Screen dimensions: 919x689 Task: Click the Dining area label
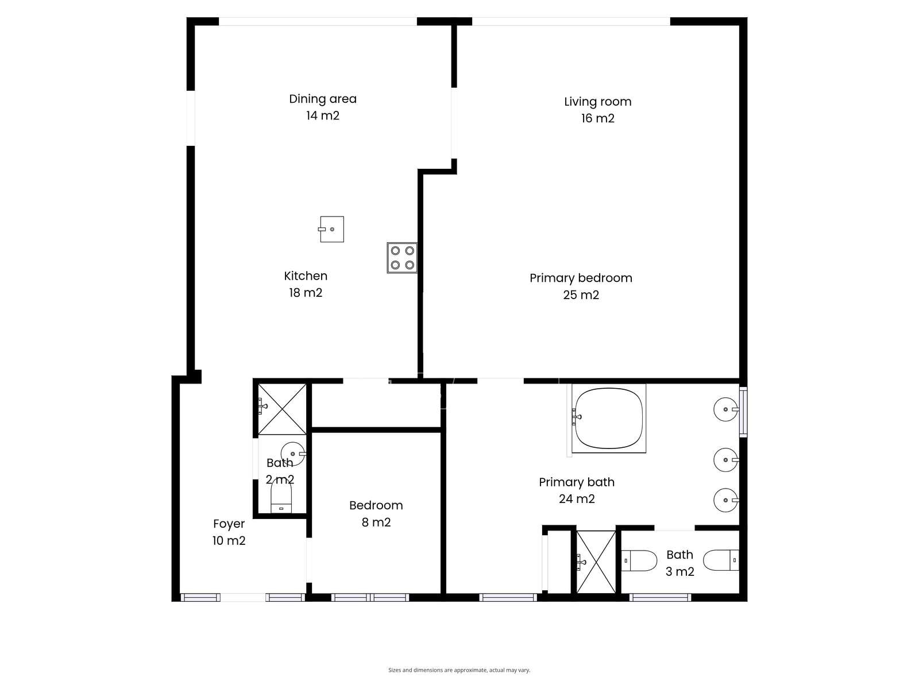coord(322,99)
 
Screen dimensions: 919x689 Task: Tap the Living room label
coord(597,102)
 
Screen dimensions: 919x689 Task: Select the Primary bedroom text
coord(581,278)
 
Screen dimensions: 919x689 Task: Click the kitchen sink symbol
coord(331,229)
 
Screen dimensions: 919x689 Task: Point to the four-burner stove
coord(402,258)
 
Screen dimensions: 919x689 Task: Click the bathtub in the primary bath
coord(609,418)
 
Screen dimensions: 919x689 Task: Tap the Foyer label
coord(229,524)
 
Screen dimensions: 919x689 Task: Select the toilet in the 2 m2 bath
coord(281,496)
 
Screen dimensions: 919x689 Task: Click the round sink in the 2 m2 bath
coord(293,454)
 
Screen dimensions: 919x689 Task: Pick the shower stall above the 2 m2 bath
coord(282,409)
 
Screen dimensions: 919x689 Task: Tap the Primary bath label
coord(577,482)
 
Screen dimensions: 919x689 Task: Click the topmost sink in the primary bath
coord(726,409)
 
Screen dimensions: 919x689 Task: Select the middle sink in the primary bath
coord(726,460)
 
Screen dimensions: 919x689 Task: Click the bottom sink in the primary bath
coord(726,500)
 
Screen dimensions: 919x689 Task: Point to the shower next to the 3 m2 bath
coord(596,562)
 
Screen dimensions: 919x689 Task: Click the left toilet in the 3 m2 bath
coord(639,560)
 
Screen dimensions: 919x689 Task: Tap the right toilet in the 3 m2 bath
coord(721,560)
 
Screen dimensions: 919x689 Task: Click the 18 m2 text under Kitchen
coord(306,293)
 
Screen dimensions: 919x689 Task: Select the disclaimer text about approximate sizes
coord(459,670)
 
